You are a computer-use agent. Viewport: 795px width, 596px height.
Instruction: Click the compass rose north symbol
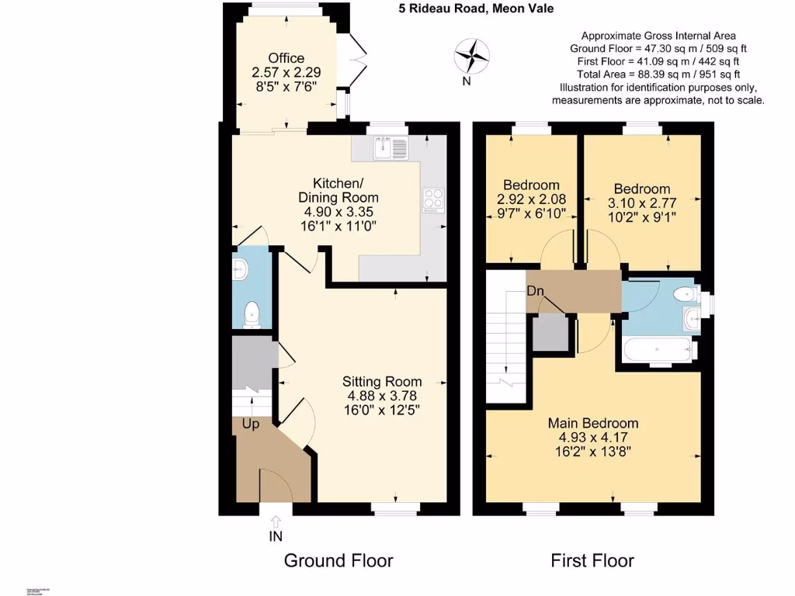click(x=471, y=55)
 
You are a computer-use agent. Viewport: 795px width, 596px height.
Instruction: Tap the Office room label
click(x=286, y=58)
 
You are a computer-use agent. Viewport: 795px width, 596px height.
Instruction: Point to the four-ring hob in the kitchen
click(x=432, y=199)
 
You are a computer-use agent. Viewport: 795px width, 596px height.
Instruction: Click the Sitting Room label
click(x=383, y=381)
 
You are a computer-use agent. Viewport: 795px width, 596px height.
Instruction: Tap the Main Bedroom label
click(x=593, y=423)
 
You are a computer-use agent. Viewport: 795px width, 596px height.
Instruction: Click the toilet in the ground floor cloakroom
click(x=251, y=314)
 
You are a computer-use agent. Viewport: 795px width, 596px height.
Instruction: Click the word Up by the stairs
click(x=250, y=424)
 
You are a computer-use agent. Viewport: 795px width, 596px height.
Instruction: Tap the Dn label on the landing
click(x=535, y=291)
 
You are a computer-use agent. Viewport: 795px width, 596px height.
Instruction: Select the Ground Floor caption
click(x=338, y=560)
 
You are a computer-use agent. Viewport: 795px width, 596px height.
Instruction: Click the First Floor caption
click(x=592, y=560)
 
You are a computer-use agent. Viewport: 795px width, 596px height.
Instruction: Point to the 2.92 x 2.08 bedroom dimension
click(x=531, y=199)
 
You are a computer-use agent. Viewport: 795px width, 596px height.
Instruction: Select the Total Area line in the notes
click(x=658, y=74)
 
